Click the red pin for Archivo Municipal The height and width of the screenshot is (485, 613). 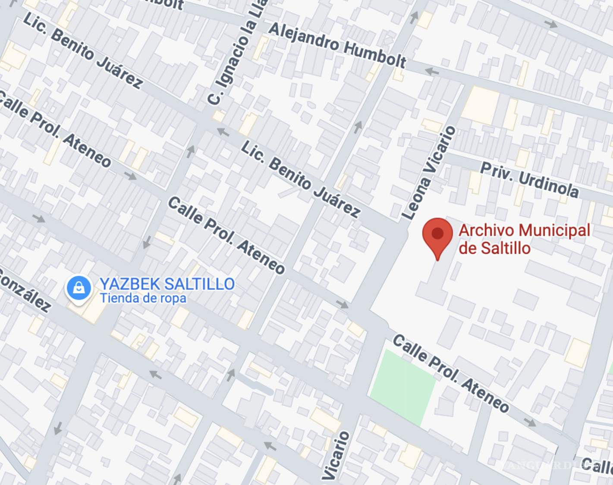[x=437, y=235]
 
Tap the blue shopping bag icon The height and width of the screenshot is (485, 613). [x=79, y=288]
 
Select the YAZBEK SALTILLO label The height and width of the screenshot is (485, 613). [x=167, y=284]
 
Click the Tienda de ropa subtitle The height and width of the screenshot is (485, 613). [x=143, y=298]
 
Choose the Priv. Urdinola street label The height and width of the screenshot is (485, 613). [x=530, y=180]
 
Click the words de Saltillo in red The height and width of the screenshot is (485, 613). [x=494, y=248]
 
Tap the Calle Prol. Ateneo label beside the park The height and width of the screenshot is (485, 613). [x=451, y=373]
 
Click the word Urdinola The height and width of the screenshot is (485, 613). [x=548, y=184]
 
